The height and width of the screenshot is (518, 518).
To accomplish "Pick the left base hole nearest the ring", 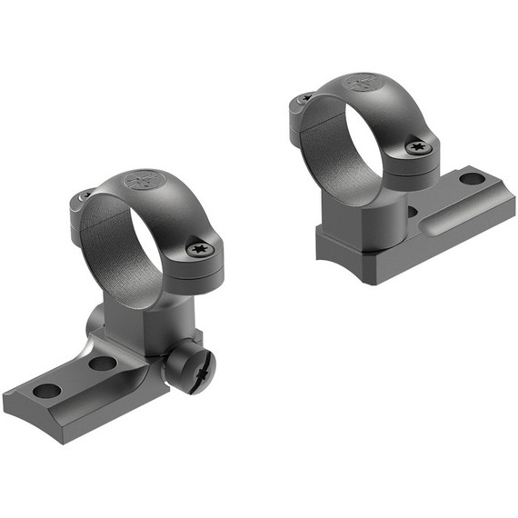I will [102, 364].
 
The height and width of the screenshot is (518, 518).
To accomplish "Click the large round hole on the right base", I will [472, 178].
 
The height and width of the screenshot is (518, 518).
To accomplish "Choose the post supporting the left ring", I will [145, 318].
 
